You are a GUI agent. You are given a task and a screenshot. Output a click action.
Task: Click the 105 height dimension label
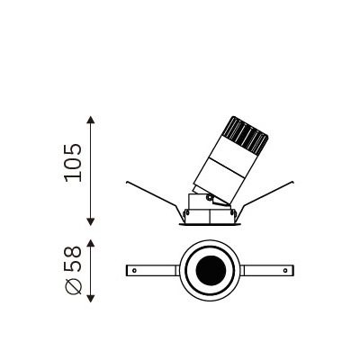(x=73, y=163)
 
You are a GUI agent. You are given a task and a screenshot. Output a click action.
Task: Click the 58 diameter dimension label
(x=73, y=258)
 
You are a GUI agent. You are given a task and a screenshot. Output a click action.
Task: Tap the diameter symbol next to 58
(x=73, y=286)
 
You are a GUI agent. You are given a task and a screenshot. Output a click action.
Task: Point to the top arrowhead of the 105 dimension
(x=91, y=120)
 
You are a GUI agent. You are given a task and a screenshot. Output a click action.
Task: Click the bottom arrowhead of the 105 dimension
(x=91, y=221)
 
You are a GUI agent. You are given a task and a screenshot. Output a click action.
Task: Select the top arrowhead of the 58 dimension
(x=91, y=243)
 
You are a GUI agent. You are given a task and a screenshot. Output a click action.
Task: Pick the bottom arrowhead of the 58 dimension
(x=91, y=299)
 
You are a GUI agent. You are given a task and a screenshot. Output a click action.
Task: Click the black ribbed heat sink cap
(x=246, y=136)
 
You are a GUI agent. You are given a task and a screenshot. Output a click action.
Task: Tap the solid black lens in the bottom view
(x=211, y=271)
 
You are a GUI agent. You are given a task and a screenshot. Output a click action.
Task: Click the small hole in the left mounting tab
(x=134, y=270)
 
